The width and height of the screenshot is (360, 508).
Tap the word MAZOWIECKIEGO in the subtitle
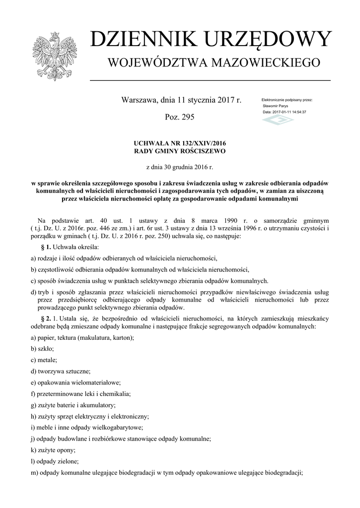click(x=266, y=63)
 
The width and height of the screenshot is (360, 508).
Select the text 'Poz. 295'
click(x=180, y=118)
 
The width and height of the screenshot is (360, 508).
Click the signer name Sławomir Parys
click(x=275, y=106)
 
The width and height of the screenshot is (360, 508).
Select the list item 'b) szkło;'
click(x=43, y=349)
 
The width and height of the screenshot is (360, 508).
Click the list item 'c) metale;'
click(x=44, y=360)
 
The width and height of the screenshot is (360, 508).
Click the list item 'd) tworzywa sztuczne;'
click(x=60, y=371)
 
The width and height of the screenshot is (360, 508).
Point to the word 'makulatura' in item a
click(x=95, y=337)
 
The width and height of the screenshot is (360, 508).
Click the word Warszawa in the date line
click(x=139, y=100)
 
